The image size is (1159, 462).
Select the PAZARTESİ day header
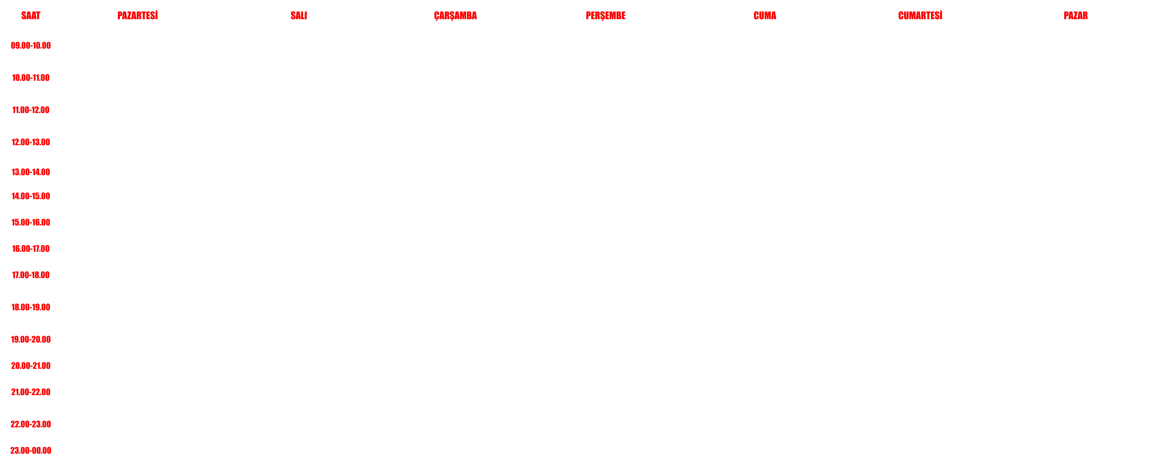point(138,15)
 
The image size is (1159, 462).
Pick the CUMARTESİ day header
point(920,15)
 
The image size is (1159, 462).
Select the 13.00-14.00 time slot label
point(31,172)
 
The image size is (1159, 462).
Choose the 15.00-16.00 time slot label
point(31,222)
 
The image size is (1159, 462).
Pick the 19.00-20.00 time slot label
point(31,339)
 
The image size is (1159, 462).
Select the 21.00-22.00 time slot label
point(31,392)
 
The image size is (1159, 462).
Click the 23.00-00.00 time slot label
point(31,450)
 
